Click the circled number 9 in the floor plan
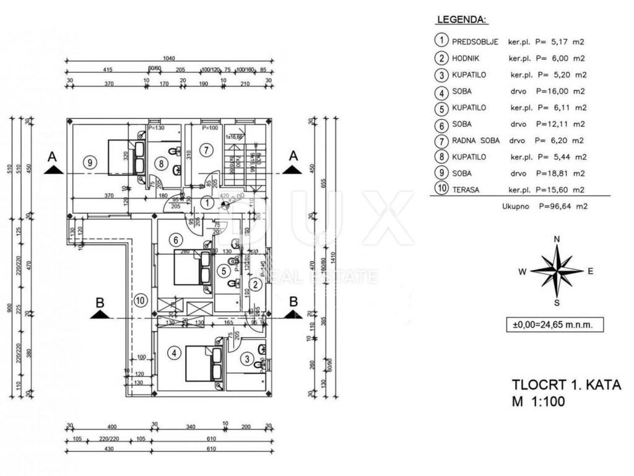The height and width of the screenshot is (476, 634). (x=90, y=162)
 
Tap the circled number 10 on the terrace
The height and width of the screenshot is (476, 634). (x=141, y=300)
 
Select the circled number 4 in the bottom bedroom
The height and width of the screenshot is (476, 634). (x=175, y=353)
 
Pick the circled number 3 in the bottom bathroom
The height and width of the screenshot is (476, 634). (x=246, y=358)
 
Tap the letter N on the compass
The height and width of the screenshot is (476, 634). (x=557, y=239)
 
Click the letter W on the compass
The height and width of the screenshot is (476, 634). (x=523, y=271)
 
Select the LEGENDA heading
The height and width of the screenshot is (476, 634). (x=462, y=20)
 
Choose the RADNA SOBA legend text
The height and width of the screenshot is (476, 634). (x=474, y=141)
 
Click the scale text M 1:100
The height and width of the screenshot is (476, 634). (x=538, y=401)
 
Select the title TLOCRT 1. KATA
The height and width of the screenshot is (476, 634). (x=566, y=384)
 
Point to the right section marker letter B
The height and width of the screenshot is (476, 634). (x=293, y=302)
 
